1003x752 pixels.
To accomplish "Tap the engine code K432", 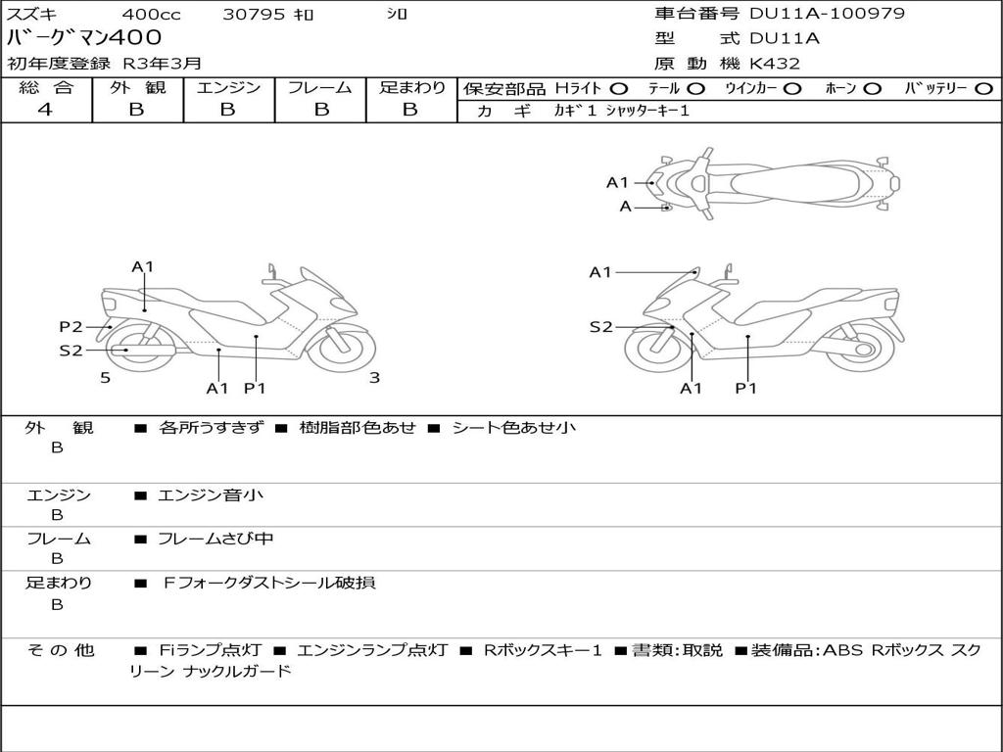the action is [775, 64].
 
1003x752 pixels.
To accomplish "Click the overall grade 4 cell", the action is [45, 110].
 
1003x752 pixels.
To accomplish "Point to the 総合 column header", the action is [46, 88].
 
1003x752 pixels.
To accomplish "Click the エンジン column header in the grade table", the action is [228, 88].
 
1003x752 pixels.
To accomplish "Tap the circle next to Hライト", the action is [619, 88].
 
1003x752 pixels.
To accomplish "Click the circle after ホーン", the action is [872, 88].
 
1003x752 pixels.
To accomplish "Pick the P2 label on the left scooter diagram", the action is [71, 327].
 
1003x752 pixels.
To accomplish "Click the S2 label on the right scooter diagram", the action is [600, 327].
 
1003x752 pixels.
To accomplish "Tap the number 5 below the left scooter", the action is [105, 378].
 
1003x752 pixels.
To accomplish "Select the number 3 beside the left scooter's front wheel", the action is [374, 378].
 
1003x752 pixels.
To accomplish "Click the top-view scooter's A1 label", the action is [617, 182].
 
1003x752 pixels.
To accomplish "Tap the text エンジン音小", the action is [210, 495].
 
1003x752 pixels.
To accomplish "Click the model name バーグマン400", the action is [70, 38].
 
